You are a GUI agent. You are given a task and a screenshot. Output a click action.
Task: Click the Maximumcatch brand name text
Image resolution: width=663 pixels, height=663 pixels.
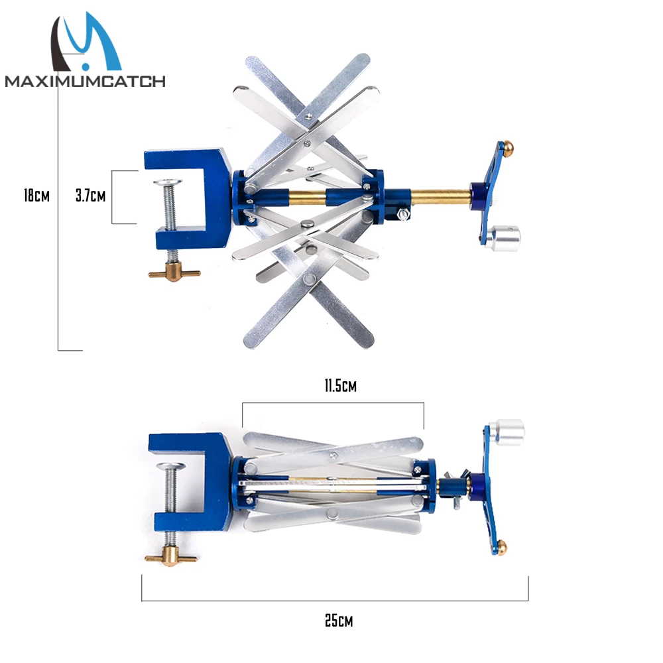pyautogui.click(x=85, y=81)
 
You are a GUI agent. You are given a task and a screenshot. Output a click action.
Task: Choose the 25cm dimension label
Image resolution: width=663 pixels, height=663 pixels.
pyautogui.click(x=338, y=621)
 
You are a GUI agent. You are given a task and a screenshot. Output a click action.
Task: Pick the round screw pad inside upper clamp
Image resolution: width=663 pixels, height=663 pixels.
pyautogui.click(x=168, y=182)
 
